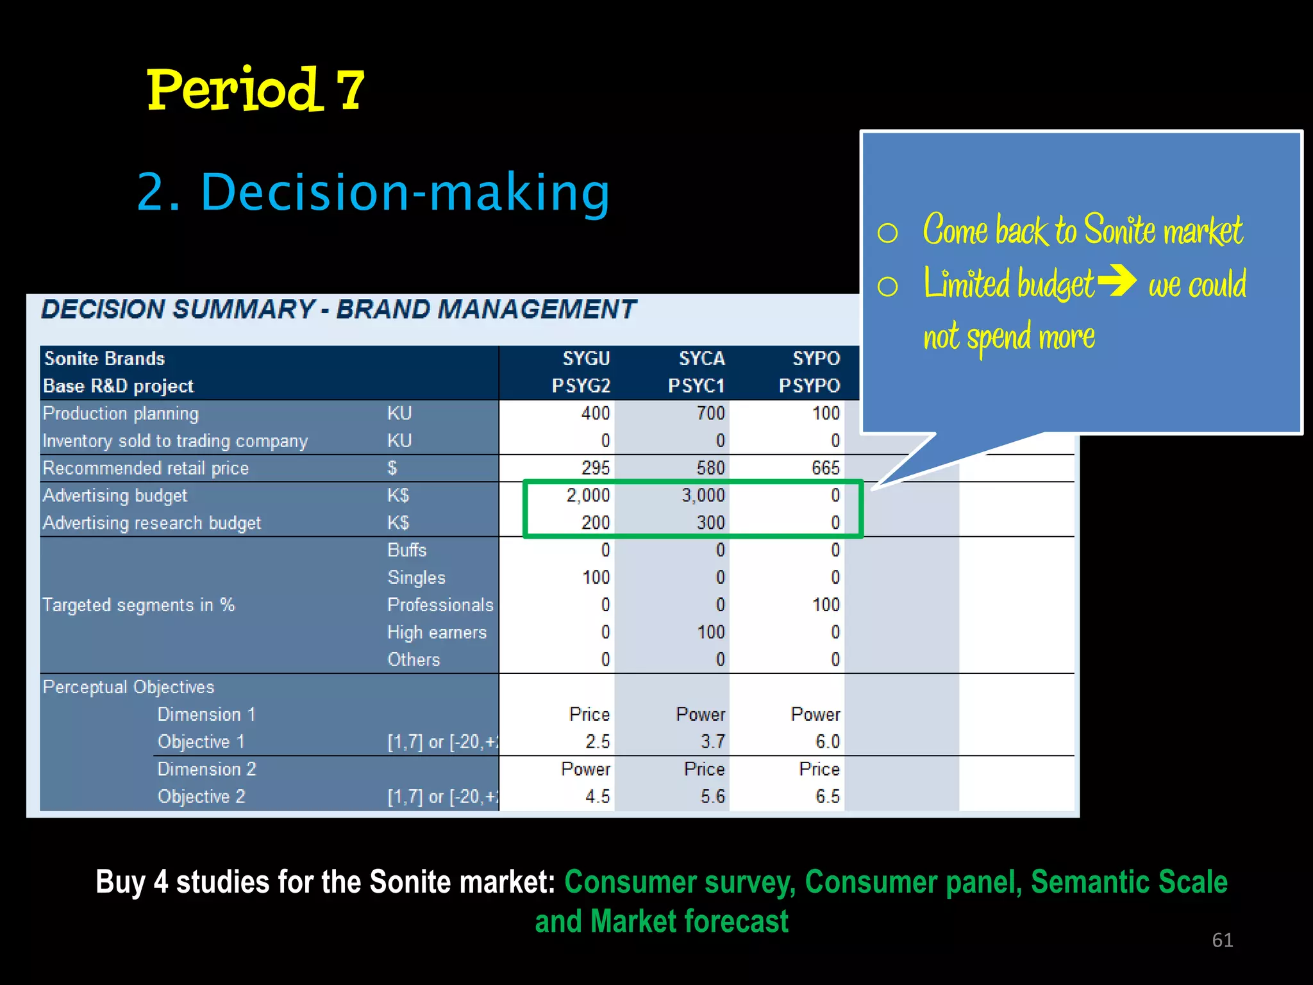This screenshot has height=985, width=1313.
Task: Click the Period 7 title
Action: [255, 90]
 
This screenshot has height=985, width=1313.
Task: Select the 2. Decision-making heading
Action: [373, 192]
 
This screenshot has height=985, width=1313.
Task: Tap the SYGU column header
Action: [586, 358]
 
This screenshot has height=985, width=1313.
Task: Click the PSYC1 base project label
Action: [696, 386]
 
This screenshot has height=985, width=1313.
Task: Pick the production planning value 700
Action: [710, 414]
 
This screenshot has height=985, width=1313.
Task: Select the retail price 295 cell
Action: [595, 468]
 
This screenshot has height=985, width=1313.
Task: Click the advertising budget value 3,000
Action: [703, 496]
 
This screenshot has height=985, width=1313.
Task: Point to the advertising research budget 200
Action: [595, 523]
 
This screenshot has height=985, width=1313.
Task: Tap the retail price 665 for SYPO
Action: [825, 468]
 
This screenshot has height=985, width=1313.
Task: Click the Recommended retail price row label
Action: [146, 468]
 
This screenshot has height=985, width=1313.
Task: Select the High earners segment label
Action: [437, 633]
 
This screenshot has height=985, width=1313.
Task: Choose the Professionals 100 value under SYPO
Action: [825, 605]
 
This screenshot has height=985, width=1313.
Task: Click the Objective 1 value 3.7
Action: [712, 742]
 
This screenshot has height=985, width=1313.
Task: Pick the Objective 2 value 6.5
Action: [827, 796]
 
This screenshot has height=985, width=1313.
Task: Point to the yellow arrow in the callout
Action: [1117, 280]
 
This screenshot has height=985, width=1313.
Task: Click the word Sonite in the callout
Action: [1119, 230]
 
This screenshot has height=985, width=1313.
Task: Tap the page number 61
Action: [1222, 940]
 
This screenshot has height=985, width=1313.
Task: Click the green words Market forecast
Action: [689, 922]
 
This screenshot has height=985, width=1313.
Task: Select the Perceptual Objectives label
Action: [128, 687]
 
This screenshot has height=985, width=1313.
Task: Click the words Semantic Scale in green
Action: [1128, 882]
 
